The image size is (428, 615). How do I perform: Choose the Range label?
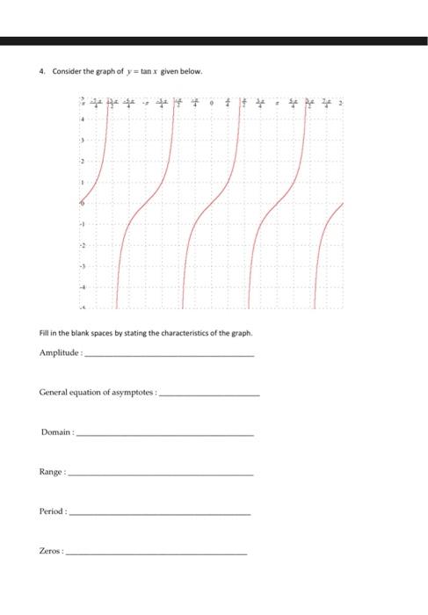52,472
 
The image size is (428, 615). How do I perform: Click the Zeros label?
51,551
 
